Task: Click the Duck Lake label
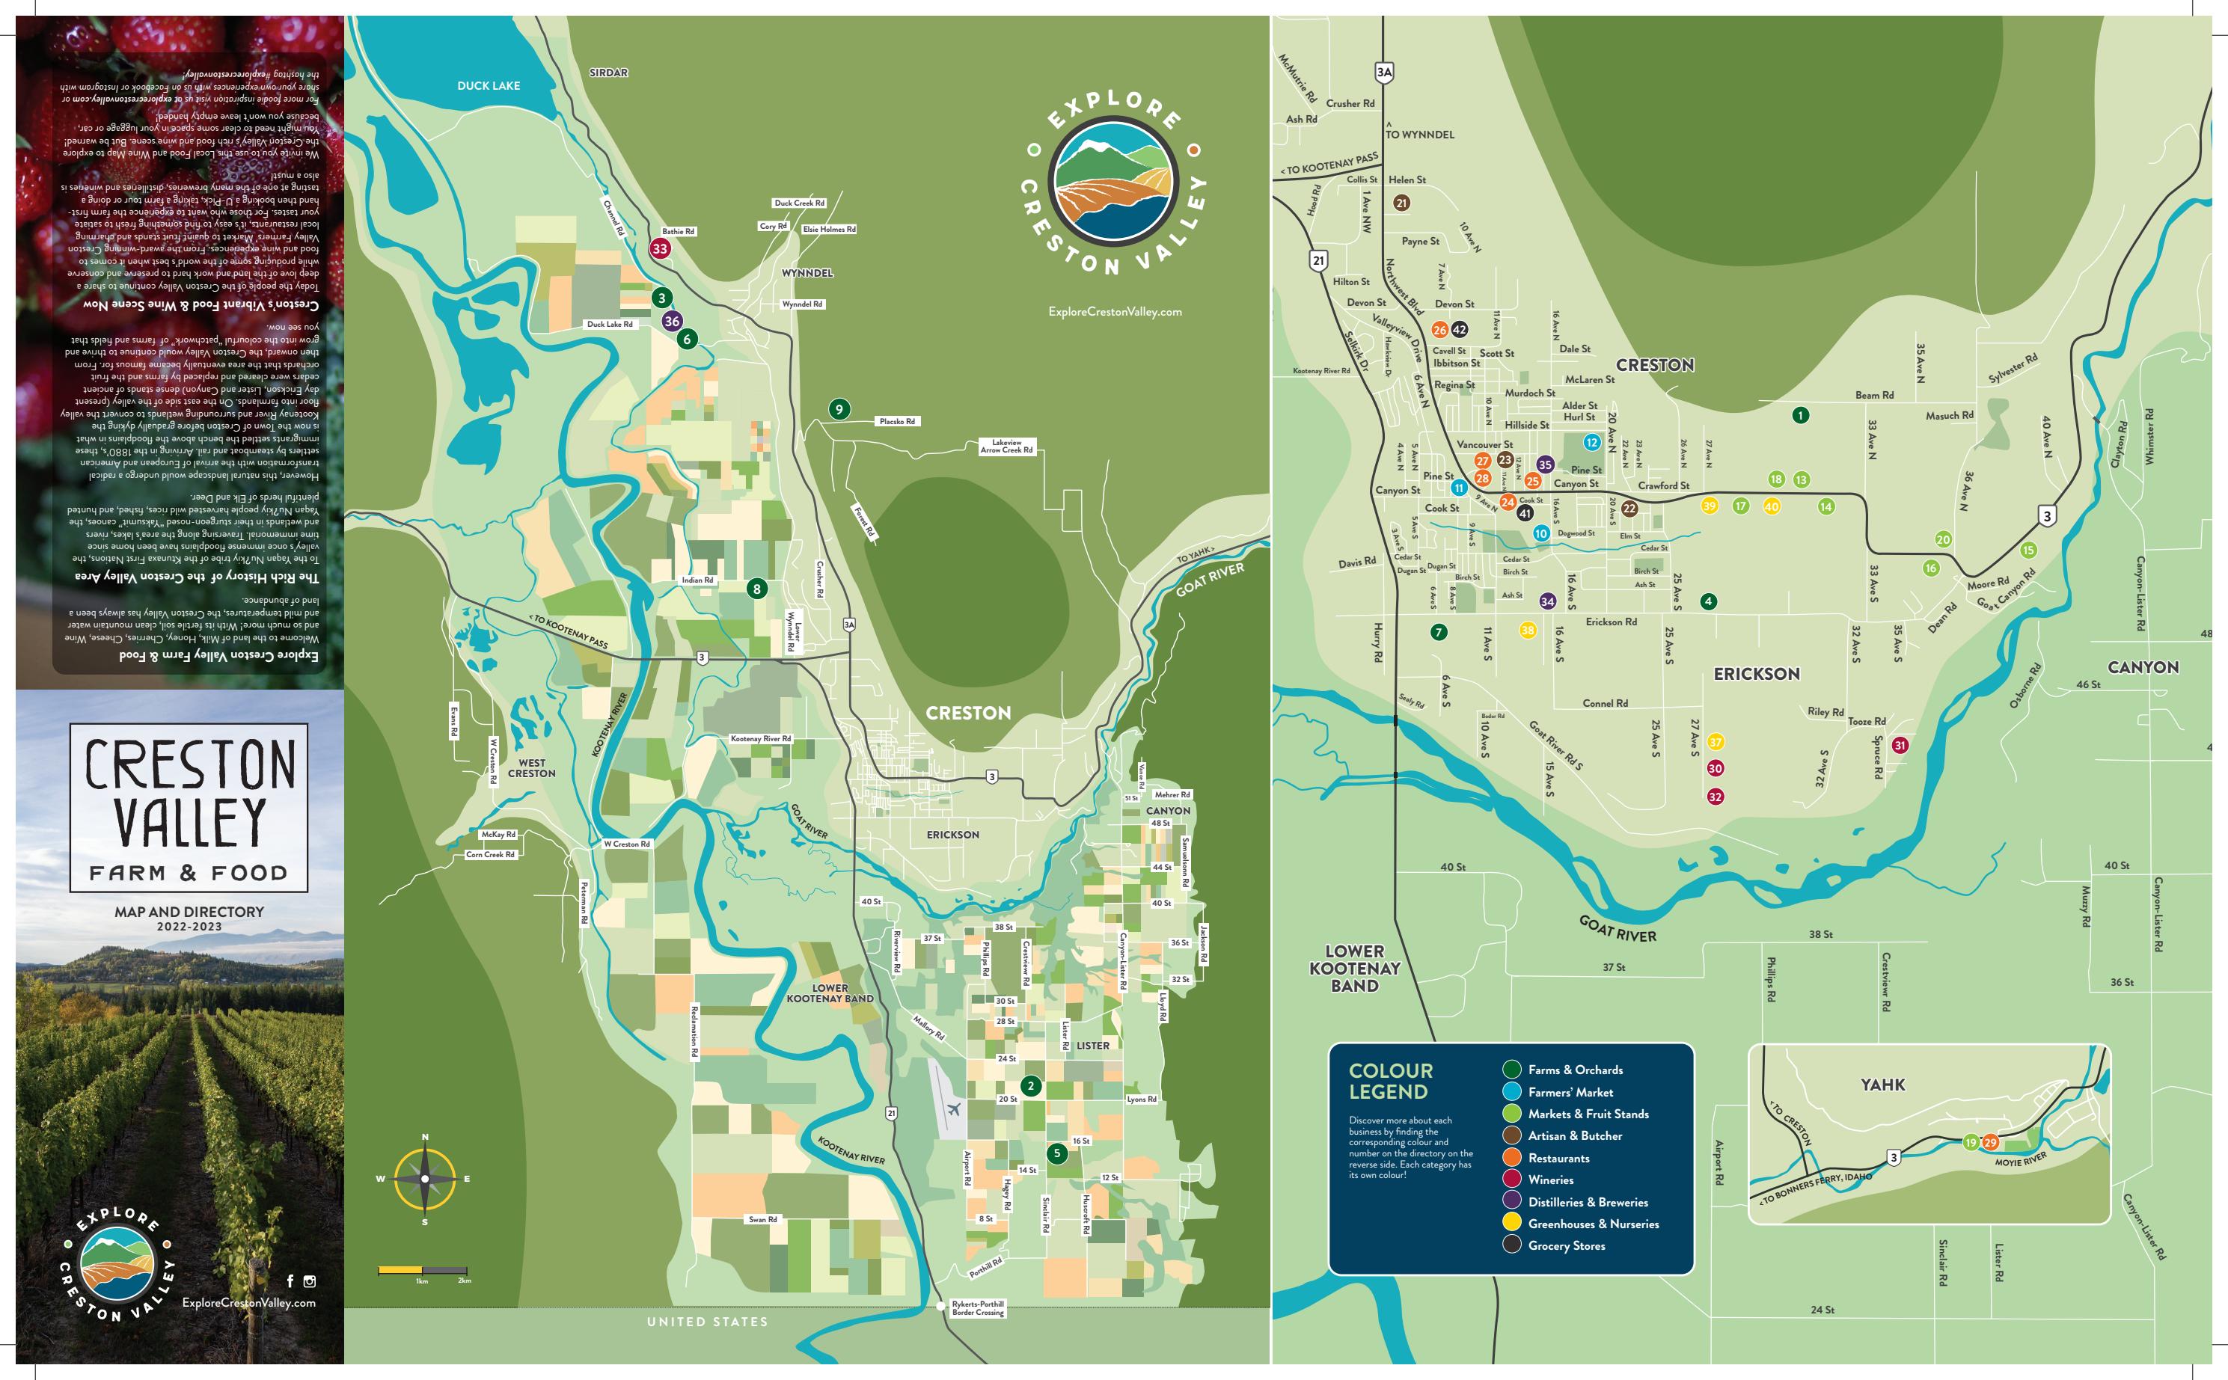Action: point(489,86)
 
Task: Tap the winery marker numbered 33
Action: point(660,248)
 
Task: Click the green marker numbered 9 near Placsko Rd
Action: point(839,409)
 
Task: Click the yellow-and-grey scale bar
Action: point(423,1269)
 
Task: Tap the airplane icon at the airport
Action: point(954,1111)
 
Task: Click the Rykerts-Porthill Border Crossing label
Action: point(978,1308)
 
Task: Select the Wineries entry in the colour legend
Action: point(1550,1180)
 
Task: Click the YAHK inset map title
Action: point(1882,1085)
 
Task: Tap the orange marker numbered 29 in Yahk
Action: point(1990,1143)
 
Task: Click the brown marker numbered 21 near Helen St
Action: point(1402,203)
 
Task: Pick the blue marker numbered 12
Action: point(1592,443)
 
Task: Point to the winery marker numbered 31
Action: point(1900,745)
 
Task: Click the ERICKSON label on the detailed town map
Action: point(1756,674)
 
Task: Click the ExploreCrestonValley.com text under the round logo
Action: point(1115,312)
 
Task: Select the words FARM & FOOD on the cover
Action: point(188,873)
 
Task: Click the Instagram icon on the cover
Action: point(310,1281)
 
